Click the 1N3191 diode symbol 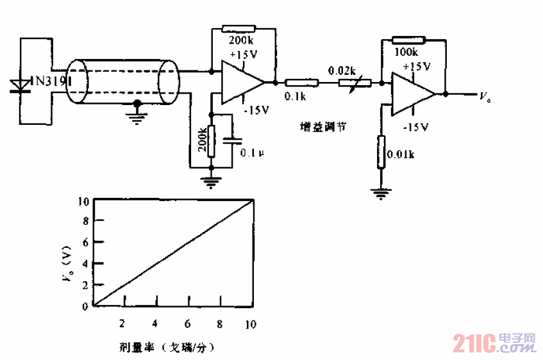click(x=21, y=85)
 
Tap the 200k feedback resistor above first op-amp click(x=238, y=29)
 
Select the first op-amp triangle click(x=240, y=82)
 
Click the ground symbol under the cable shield click(x=136, y=115)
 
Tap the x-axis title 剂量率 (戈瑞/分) click(x=165, y=348)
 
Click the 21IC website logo click(x=494, y=343)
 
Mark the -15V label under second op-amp click(x=415, y=127)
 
